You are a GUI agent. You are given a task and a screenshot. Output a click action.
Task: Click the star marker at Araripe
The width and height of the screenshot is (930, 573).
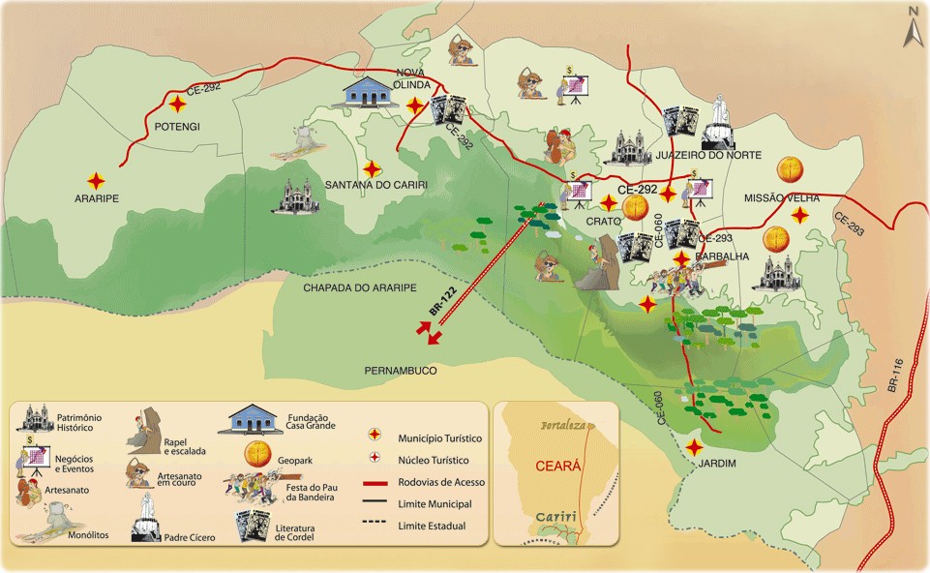point(96,180)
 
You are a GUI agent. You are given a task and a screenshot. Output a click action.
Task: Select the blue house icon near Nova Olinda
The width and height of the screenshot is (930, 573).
point(374,94)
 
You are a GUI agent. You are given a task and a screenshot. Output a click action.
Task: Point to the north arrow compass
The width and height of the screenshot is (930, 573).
point(912,27)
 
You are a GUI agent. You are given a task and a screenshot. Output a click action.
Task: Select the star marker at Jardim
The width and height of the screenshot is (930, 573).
point(695,447)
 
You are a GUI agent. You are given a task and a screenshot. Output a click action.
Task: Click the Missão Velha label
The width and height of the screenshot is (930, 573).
point(782,197)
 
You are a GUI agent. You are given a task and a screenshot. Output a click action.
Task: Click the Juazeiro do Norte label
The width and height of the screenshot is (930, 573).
point(708,155)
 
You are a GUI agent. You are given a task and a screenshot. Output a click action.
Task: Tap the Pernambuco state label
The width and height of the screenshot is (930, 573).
point(402,371)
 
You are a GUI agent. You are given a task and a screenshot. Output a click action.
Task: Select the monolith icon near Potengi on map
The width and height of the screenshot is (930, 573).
point(303,140)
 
